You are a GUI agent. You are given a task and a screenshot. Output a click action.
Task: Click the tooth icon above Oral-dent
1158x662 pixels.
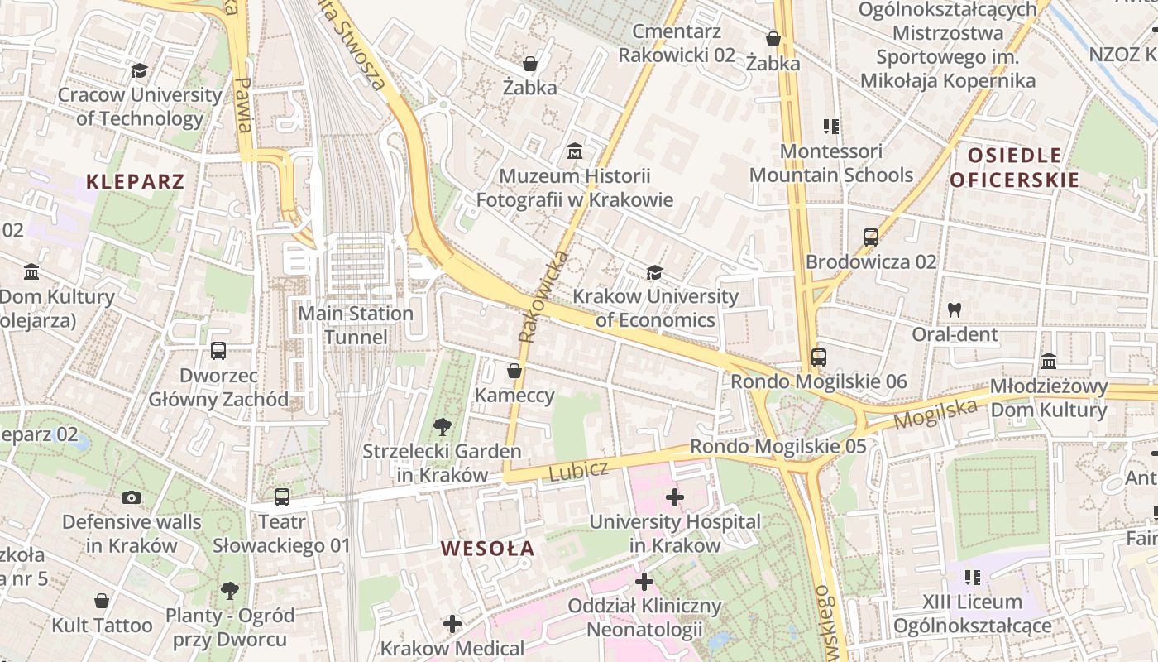pyautogui.click(x=955, y=310)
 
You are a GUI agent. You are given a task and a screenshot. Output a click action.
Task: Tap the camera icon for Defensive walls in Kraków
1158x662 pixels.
pyautogui.click(x=131, y=497)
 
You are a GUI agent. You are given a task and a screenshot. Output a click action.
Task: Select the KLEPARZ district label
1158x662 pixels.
pyautogui.click(x=135, y=181)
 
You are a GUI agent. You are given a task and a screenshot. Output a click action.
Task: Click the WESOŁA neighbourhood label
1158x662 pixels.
pyautogui.click(x=487, y=548)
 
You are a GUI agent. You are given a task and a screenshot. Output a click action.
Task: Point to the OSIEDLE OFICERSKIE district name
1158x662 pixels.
pyautogui.click(x=1014, y=167)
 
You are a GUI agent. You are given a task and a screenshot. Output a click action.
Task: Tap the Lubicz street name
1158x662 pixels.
pyautogui.click(x=578, y=470)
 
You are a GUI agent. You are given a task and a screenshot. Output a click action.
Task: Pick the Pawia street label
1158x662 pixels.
pyautogui.click(x=242, y=106)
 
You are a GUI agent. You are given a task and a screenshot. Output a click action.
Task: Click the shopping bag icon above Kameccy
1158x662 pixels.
pyautogui.click(x=514, y=370)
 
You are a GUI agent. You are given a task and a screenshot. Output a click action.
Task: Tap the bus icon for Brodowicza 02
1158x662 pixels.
pyautogui.click(x=870, y=237)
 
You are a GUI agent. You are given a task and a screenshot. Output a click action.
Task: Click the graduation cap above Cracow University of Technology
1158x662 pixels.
pyautogui.click(x=139, y=70)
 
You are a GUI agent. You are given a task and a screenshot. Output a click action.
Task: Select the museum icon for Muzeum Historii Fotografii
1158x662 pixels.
pyautogui.click(x=574, y=151)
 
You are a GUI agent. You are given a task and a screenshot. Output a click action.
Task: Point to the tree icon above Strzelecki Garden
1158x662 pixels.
pyautogui.click(x=443, y=427)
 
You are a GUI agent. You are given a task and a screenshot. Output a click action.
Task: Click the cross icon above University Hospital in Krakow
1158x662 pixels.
pyautogui.click(x=674, y=497)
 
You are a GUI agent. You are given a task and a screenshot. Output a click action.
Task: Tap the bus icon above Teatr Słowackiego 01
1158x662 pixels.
pyautogui.click(x=282, y=497)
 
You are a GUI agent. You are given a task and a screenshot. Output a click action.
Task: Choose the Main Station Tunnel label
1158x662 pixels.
pyautogui.click(x=356, y=325)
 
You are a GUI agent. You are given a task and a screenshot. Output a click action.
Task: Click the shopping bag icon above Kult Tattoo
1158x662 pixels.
pyautogui.click(x=102, y=601)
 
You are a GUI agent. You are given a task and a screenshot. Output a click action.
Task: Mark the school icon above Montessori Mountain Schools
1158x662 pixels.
pyautogui.click(x=831, y=127)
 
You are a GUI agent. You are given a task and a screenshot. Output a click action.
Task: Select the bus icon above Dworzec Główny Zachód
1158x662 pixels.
pyautogui.click(x=218, y=351)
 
